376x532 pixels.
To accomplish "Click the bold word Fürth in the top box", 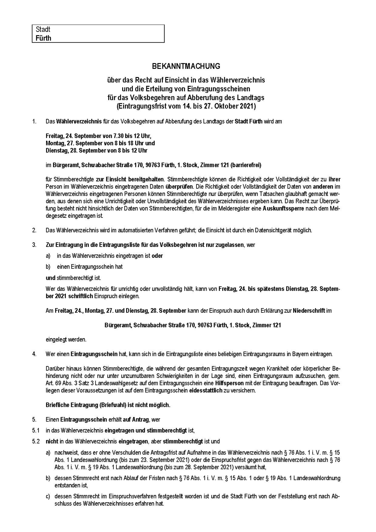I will (x=43, y=38).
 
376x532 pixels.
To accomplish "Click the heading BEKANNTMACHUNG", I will (x=186, y=66).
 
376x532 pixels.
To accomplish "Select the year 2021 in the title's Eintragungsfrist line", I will (x=248, y=106).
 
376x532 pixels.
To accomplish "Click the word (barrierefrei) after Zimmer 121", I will (x=246, y=165).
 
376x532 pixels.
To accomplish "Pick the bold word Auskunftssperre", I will (x=283, y=209).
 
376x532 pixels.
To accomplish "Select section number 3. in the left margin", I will (x=34, y=245).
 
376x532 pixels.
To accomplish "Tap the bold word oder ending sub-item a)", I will (x=157, y=256).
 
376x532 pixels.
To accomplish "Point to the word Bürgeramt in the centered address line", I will (x=118, y=325).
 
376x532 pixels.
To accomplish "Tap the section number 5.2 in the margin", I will (x=36, y=441).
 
